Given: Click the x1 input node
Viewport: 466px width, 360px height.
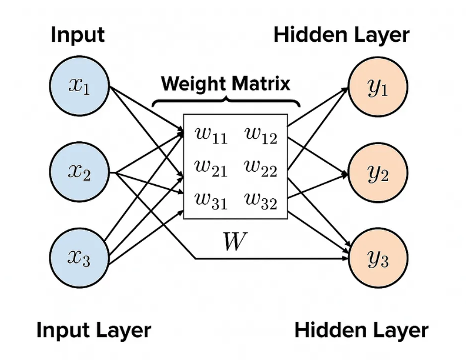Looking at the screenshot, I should pyautogui.click(x=80, y=86).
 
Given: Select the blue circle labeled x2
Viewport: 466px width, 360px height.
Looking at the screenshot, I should pyautogui.click(x=80, y=172).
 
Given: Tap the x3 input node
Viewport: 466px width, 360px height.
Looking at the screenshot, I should pyautogui.click(x=80, y=257).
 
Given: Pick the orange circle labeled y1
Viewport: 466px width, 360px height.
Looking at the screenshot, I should pyautogui.click(x=377, y=86).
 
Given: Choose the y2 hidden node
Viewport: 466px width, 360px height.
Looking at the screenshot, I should pyautogui.click(x=377, y=172).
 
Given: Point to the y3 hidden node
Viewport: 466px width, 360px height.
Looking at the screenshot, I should pyautogui.click(x=377, y=258).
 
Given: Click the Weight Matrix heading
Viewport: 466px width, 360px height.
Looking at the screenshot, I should pyautogui.click(x=226, y=83).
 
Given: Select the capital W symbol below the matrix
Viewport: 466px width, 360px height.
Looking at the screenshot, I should pyautogui.click(x=233, y=241).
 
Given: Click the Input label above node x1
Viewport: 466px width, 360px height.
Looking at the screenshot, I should pyautogui.click(x=78, y=35).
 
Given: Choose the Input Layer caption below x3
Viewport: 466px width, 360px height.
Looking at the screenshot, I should pyautogui.click(x=93, y=330).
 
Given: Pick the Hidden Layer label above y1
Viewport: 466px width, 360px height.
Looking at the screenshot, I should pyautogui.click(x=341, y=35).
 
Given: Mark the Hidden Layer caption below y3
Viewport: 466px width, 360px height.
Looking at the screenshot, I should pyautogui.click(x=361, y=330).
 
